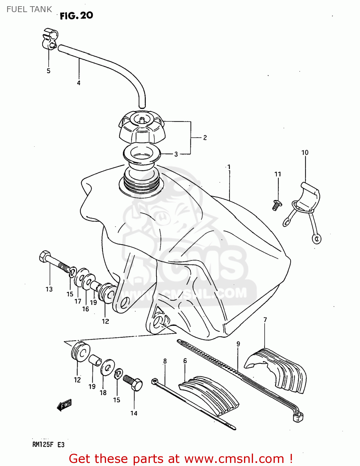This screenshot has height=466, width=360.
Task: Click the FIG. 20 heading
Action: (x=76, y=16)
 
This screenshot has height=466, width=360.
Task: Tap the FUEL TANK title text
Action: (x=29, y=9)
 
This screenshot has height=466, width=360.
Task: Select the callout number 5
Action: (x=48, y=71)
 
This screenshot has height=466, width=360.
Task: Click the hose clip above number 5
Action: (x=50, y=39)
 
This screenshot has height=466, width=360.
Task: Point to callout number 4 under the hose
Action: (x=79, y=83)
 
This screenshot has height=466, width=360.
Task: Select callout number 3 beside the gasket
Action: (x=176, y=154)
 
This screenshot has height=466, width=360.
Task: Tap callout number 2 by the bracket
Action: (x=205, y=138)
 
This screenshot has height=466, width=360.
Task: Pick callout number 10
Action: (x=305, y=153)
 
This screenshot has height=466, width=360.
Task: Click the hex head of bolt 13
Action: (x=45, y=256)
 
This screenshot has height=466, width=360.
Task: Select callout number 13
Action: (x=49, y=289)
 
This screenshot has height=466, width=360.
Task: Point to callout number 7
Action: (x=265, y=320)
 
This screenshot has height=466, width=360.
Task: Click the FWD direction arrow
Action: (x=64, y=405)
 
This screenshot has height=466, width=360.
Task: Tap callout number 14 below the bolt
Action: (x=134, y=413)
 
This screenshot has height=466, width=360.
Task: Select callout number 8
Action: (x=165, y=361)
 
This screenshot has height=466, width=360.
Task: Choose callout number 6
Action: (x=185, y=361)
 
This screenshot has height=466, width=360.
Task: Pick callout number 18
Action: (x=103, y=393)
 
